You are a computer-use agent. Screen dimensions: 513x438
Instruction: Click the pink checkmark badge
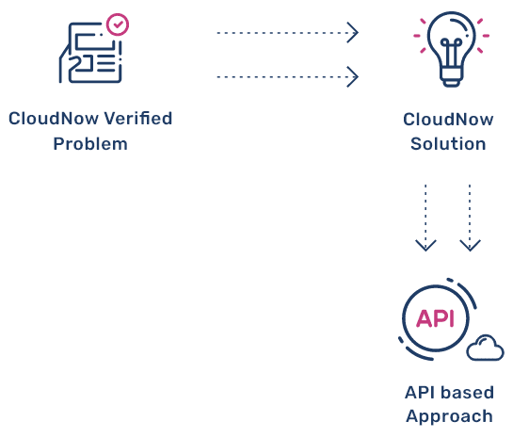118,24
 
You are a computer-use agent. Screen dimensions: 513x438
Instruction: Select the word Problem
90,144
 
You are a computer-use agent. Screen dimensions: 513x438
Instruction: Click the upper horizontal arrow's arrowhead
353,33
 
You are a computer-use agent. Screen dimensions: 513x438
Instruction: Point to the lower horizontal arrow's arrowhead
353,77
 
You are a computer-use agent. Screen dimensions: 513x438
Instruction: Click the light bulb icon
452,49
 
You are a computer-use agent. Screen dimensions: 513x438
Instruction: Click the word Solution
448,144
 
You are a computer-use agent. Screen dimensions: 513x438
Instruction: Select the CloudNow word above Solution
448,120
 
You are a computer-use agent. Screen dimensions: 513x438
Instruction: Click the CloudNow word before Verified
54,118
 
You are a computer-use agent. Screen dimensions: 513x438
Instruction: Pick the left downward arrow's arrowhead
425,246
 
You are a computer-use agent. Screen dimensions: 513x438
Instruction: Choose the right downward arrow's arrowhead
470,246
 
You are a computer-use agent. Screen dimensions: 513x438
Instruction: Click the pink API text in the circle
435,318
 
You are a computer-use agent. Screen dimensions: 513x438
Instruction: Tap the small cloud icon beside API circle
485,348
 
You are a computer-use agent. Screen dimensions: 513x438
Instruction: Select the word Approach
450,417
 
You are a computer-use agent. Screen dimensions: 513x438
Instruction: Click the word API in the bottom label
421,392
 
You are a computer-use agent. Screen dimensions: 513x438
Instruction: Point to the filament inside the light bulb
452,53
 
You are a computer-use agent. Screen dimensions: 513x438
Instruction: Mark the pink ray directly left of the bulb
417,36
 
